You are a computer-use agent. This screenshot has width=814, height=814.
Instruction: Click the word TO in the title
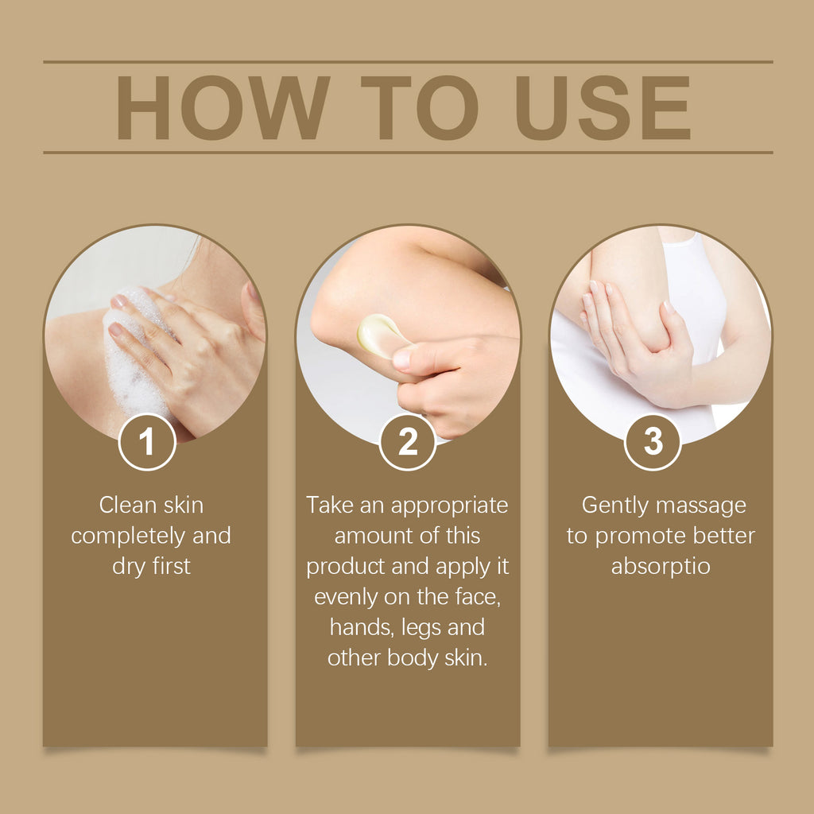point(419,109)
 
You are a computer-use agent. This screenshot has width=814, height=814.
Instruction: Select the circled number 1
point(147,442)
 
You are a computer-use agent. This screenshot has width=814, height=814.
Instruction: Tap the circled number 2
point(408,442)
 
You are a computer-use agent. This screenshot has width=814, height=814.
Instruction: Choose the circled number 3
point(653,442)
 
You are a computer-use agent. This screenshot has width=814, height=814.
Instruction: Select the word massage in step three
point(704,505)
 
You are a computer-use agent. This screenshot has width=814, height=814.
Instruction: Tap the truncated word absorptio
point(661,567)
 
